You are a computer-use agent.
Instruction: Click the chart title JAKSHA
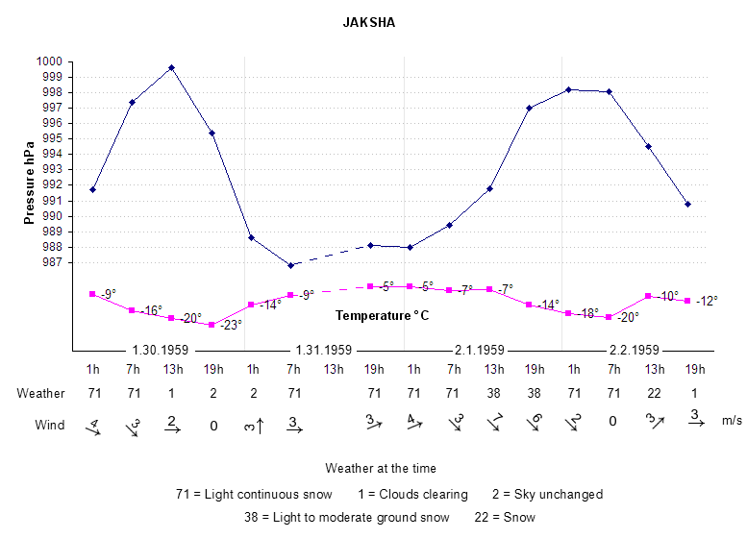pos(369,22)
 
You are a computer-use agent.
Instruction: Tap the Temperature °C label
pos(382,315)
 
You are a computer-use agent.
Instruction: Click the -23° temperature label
pos(230,325)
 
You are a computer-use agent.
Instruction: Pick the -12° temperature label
pos(707,301)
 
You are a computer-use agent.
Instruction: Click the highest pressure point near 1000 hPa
pos(171,67)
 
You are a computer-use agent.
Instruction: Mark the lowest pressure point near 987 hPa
pos(290,265)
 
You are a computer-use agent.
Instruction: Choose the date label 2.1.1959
pos(478,350)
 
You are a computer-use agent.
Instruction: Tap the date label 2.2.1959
pos(633,350)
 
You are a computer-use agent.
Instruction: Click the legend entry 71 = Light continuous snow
pos(254,494)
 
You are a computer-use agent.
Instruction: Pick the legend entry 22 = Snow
pos(504,516)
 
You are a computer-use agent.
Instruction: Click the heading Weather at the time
pos(381,468)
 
